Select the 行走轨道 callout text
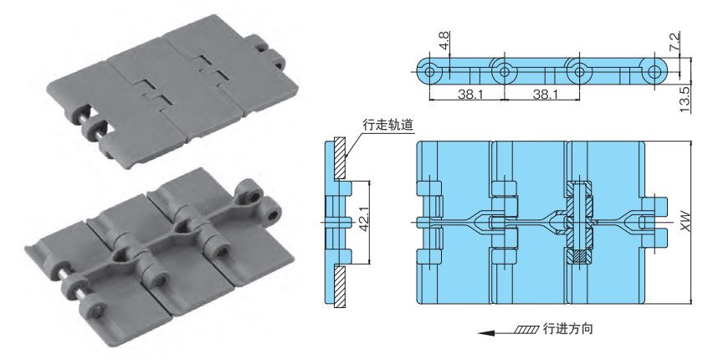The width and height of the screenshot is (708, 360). [x=387, y=125]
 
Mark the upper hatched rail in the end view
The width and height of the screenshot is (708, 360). [x=340, y=158]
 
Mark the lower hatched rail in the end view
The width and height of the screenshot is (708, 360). [x=340, y=285]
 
